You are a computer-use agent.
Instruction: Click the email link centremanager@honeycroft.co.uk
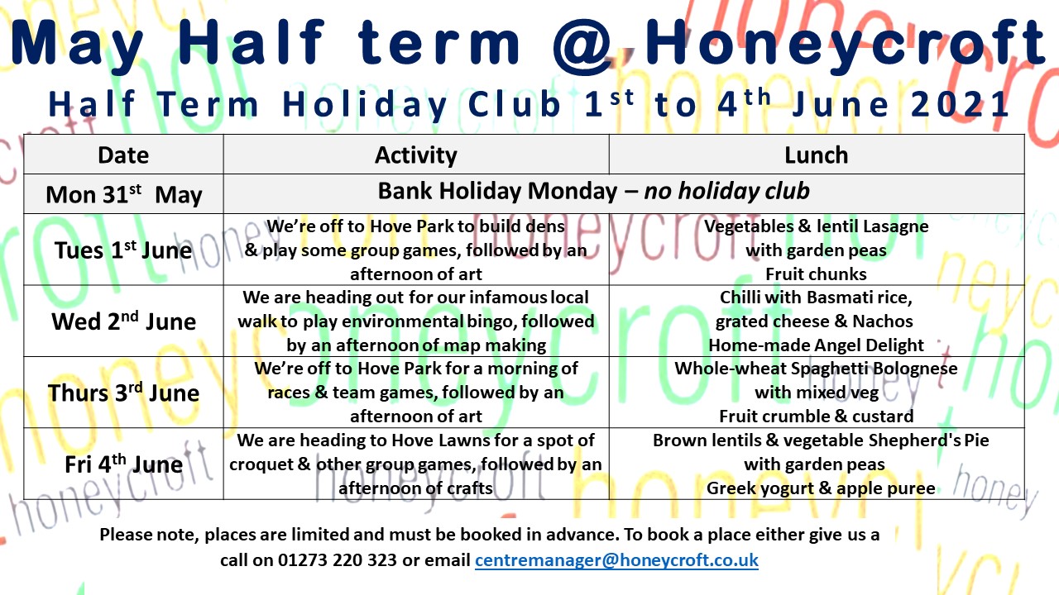click(616, 560)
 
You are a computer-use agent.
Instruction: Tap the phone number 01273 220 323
click(337, 560)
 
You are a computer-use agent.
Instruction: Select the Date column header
click(123, 155)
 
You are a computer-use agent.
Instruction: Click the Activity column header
click(416, 155)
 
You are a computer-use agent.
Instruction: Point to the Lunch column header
click(817, 155)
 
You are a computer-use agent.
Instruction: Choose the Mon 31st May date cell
click(124, 194)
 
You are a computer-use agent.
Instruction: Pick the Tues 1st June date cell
click(123, 250)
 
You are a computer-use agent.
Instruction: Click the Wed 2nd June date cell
click(124, 321)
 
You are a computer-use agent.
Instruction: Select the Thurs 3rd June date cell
click(124, 393)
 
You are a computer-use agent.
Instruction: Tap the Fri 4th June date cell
click(124, 464)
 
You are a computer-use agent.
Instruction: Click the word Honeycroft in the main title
click(846, 45)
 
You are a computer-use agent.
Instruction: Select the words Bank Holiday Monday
click(497, 191)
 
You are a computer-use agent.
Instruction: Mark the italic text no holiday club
click(726, 191)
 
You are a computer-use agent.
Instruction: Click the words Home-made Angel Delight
click(816, 345)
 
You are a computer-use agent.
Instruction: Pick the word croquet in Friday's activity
click(261, 464)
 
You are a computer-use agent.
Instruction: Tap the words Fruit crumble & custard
click(816, 416)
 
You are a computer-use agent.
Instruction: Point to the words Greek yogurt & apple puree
click(821, 488)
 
